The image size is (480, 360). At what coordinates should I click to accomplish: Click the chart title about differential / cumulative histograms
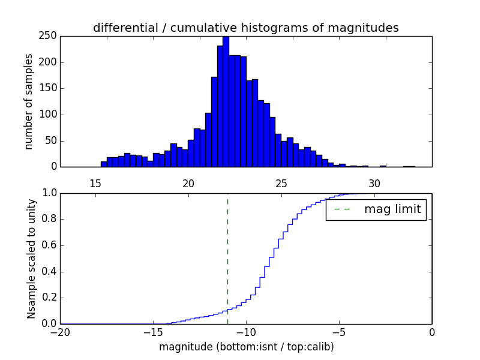coord(246,28)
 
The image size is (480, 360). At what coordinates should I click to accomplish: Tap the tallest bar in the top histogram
coord(226,102)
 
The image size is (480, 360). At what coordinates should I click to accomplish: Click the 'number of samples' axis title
coord(29,101)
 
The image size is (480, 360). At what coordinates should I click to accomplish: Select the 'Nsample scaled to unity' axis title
coord(31,259)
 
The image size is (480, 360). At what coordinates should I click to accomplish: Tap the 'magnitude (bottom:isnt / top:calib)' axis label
coord(246,347)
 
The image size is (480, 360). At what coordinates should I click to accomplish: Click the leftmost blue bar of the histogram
coord(104,164)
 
